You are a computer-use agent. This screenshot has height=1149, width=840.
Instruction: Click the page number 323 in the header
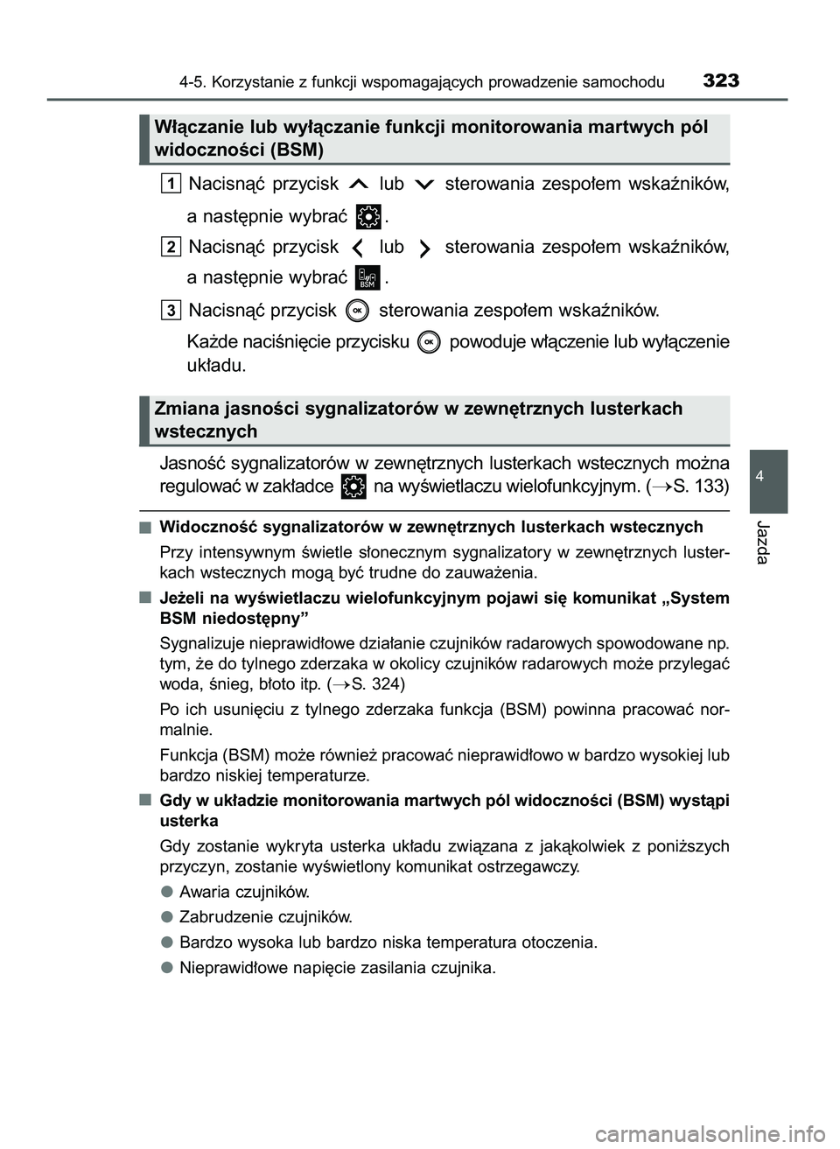720,81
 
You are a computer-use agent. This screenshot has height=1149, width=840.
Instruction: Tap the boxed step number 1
171,183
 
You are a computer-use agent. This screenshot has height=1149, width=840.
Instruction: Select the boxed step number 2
171,247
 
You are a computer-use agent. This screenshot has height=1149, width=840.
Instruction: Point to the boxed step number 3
171,310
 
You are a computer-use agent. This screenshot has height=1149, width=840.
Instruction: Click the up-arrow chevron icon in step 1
359,185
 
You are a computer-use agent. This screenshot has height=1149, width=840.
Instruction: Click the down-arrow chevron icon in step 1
424,185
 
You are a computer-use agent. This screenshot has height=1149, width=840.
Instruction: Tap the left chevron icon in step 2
359,249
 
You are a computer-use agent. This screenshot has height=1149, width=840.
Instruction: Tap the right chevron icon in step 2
424,249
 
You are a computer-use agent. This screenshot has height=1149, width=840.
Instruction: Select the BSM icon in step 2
368,277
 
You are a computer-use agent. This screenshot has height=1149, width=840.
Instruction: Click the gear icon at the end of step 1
369,214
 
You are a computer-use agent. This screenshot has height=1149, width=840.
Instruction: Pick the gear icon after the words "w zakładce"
353,487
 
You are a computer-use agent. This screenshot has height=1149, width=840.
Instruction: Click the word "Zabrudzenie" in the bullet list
220,917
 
